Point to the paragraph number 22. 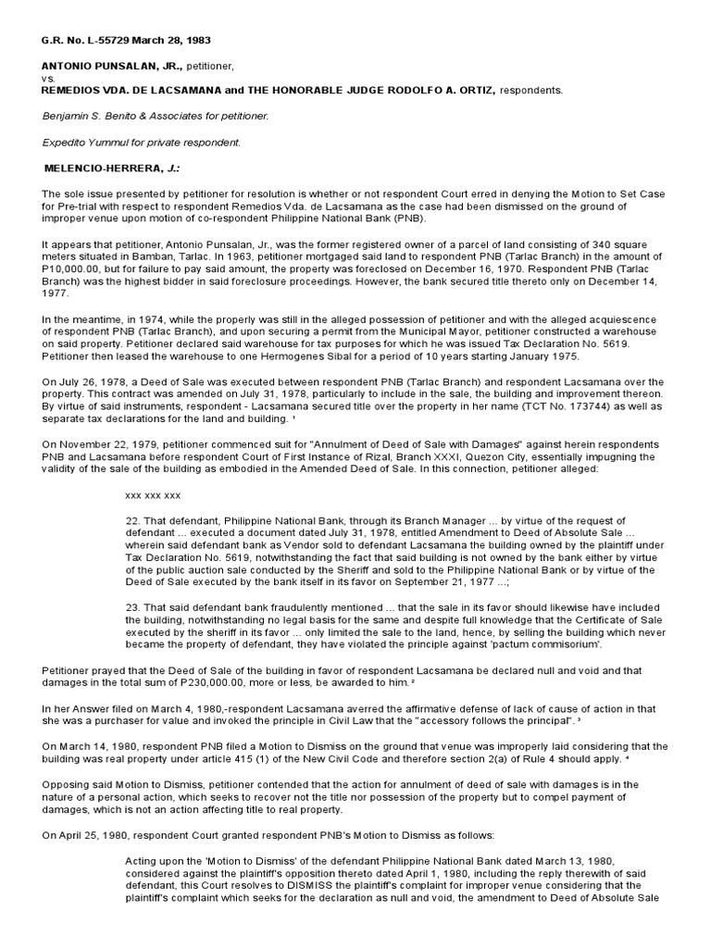pyautogui.click(x=132, y=520)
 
